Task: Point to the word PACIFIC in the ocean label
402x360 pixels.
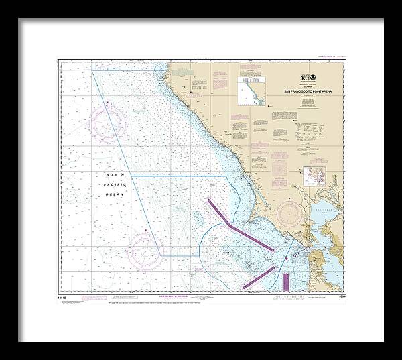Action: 114,184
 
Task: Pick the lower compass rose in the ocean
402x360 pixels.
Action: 144,249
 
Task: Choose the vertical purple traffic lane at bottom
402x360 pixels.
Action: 285,281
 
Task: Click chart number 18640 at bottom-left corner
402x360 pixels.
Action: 64,295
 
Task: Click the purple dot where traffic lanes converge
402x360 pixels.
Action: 286,257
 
